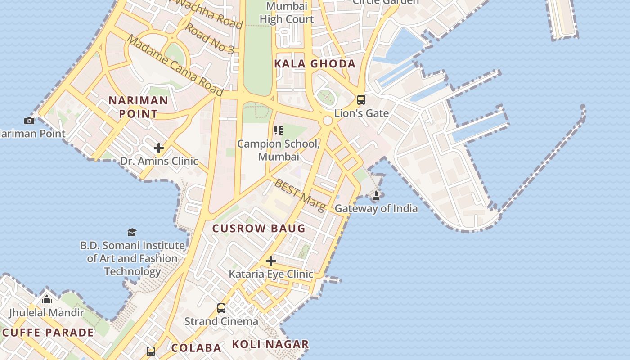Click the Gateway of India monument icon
(376, 196)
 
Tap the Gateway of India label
(376, 208)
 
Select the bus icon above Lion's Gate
(361, 100)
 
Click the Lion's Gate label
(361, 113)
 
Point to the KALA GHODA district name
(315, 64)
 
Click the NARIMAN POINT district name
(138, 107)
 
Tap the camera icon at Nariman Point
(29, 121)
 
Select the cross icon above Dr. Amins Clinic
(158, 148)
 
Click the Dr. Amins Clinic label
(159, 161)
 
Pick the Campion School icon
(279, 130)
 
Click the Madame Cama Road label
(175, 65)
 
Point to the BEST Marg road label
(300, 195)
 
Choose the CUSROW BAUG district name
(259, 229)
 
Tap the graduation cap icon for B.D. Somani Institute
(132, 232)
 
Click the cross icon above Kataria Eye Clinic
(270, 261)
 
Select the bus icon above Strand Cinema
(221, 308)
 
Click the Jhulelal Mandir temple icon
(47, 299)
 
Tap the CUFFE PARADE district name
(48, 333)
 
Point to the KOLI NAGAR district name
(270, 344)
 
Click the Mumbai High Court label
(287, 13)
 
